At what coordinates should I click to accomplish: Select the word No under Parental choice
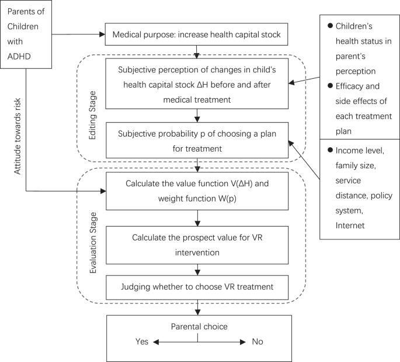[258, 341]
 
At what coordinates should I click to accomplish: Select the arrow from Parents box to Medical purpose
[78, 34]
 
